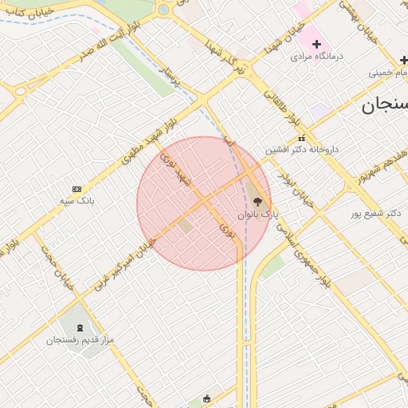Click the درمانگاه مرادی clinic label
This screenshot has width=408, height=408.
coord(316,57)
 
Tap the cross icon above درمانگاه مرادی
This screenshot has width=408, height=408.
coord(316,44)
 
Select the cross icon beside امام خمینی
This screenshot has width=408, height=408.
coord(404,61)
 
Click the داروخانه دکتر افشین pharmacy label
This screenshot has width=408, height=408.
coord(302,149)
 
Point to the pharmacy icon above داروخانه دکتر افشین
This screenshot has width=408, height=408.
coord(301,138)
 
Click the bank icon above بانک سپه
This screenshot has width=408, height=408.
coord(76,189)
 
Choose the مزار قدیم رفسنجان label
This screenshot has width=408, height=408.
coord(80,339)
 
